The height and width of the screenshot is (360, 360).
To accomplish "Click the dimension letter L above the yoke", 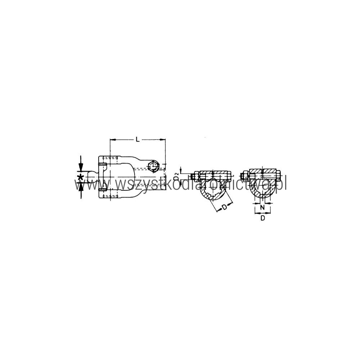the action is click(138, 139).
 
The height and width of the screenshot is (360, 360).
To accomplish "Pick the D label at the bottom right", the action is click(263, 218).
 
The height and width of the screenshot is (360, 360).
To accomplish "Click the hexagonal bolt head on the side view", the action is click(153, 166).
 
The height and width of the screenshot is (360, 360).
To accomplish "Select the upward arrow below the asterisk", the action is click(81, 190).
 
